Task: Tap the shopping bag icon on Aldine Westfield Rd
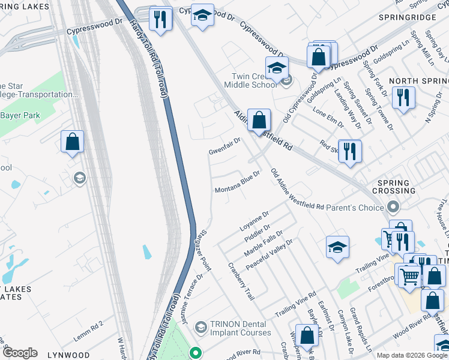(x=259, y=120)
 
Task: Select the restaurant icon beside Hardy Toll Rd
(x=160, y=19)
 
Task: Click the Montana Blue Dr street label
(x=237, y=182)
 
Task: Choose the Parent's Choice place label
(x=355, y=208)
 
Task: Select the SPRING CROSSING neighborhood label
(x=394, y=187)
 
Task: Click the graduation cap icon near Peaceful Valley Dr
(x=337, y=247)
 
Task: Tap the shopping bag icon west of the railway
(x=72, y=142)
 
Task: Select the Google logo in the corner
(x=19, y=353)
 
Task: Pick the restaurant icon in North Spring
(x=403, y=97)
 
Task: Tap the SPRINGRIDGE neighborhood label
(x=407, y=18)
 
